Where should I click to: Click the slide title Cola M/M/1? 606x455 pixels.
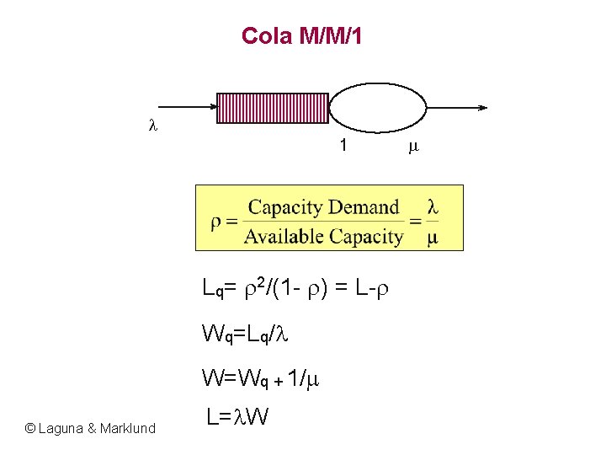click(301, 36)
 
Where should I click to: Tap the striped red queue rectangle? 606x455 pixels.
click(274, 108)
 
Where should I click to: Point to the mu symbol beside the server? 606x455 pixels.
click(412, 147)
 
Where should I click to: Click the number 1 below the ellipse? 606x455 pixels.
click(343, 146)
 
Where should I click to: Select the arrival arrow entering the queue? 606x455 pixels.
click(185, 108)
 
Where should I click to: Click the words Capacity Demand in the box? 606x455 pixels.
click(323, 207)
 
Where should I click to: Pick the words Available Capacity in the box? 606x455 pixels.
click(323, 237)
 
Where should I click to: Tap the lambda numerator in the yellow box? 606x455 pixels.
click(433, 206)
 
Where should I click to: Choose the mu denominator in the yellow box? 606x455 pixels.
click(433, 238)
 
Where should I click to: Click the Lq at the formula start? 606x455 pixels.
click(213, 289)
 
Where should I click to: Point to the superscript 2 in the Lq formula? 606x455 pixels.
click(261, 281)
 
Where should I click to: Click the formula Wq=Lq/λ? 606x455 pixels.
click(245, 333)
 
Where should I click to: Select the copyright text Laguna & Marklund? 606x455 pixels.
click(91, 428)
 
